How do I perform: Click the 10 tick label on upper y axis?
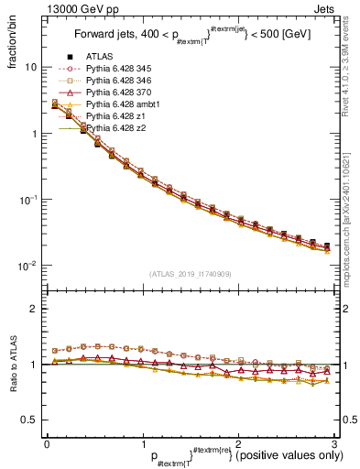[30, 67]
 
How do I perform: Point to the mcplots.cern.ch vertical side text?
[353, 197]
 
